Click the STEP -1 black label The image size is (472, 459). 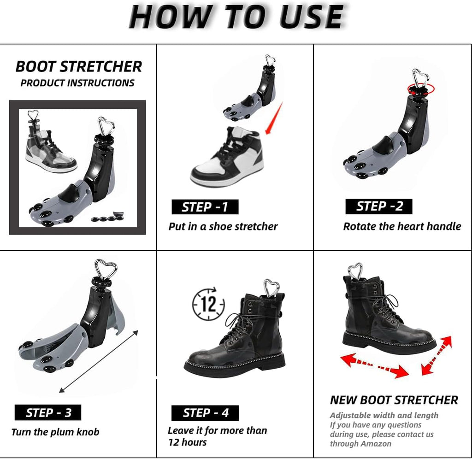(x=205, y=207)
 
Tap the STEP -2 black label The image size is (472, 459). (x=379, y=206)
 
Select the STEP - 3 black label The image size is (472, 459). (x=48, y=412)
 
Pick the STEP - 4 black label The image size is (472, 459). (x=205, y=412)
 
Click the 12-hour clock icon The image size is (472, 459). (x=208, y=303)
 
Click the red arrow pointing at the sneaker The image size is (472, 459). (x=274, y=118)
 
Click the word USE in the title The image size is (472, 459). (x=312, y=17)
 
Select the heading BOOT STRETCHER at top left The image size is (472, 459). (x=78, y=66)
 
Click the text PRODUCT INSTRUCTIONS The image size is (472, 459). (x=77, y=83)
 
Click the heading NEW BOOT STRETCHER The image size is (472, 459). (x=394, y=400)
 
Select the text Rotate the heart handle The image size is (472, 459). (x=402, y=226)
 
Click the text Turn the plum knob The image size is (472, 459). (x=55, y=432)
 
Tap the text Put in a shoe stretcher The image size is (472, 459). (x=223, y=226)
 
